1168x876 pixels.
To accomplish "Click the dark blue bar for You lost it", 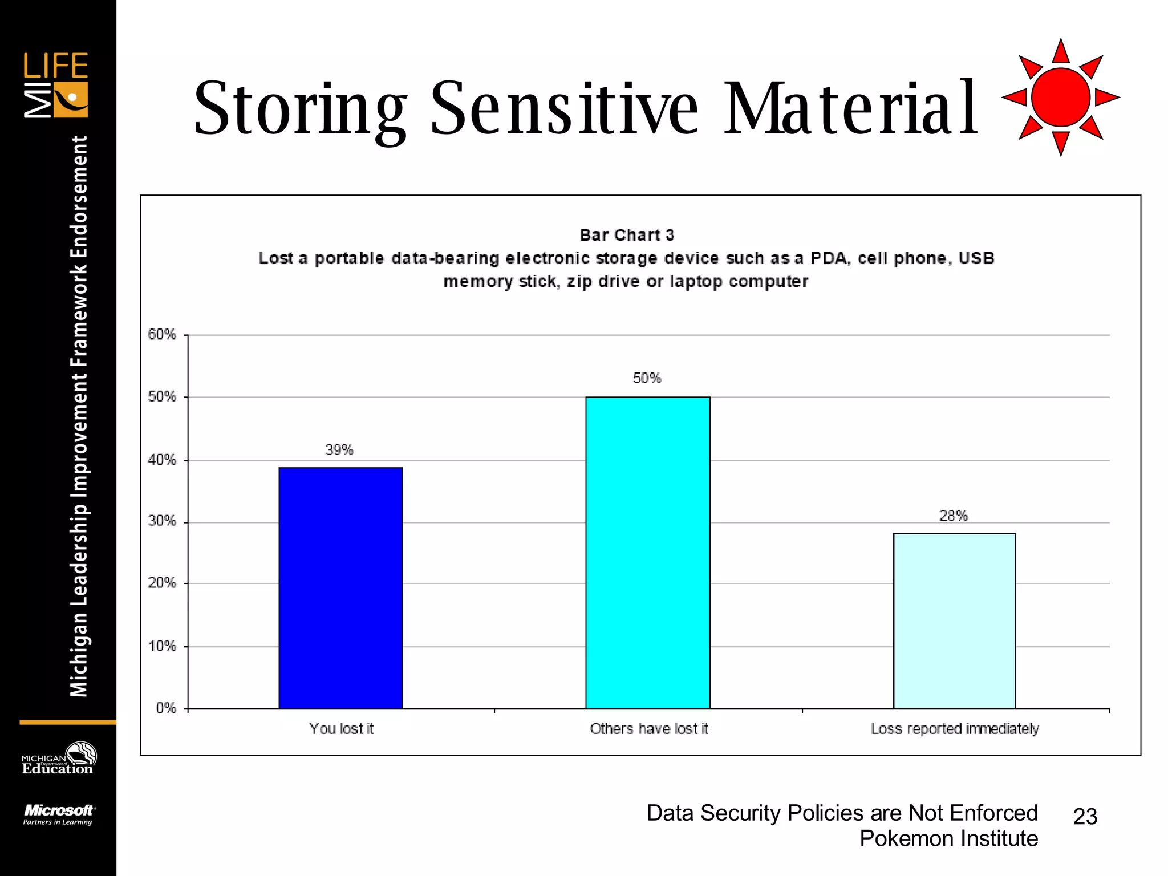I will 340,587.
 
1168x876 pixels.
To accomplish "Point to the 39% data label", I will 339,450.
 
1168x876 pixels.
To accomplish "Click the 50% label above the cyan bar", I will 647,378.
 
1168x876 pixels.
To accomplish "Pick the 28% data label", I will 953,516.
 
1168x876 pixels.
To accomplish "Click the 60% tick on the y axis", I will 162,334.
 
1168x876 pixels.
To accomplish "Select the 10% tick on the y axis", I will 162,646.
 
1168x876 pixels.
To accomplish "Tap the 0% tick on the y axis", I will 165,708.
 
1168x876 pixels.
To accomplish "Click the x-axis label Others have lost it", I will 648,729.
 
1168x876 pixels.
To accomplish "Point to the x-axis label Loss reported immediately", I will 954,729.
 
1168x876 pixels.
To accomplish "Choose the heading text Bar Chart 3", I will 626,235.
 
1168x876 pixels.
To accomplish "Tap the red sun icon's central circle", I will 1060,97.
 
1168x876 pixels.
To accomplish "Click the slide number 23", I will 1085,817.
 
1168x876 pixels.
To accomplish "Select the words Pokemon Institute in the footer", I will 948,839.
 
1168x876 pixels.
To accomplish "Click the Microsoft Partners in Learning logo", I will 58,814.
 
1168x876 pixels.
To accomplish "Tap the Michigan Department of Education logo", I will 58,759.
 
